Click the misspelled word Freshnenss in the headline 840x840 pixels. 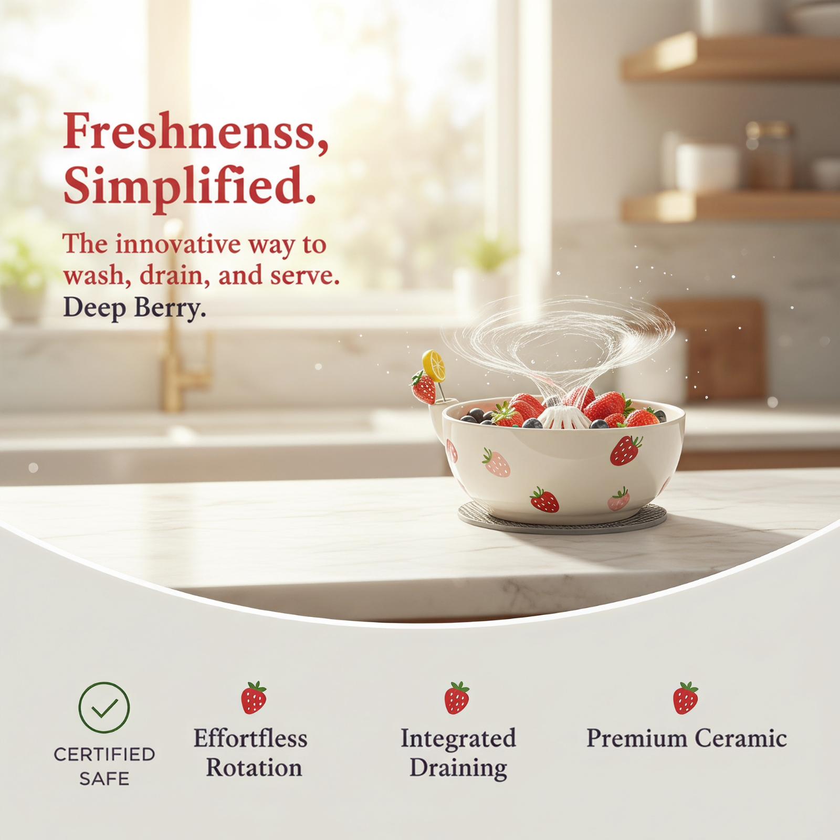195,133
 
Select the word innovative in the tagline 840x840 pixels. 159,245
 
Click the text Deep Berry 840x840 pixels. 134,308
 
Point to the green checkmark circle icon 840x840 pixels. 104,708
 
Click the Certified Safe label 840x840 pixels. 104,766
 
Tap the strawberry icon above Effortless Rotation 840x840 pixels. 254,698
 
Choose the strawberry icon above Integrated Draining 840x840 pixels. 457,698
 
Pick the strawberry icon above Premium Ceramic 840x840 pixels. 686,698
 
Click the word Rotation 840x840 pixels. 254,768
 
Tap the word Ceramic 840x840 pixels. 741,739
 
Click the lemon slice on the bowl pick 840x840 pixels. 434,364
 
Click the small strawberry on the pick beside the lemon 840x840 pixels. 424,387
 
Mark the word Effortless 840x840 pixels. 250,738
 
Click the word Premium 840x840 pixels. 636,739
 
